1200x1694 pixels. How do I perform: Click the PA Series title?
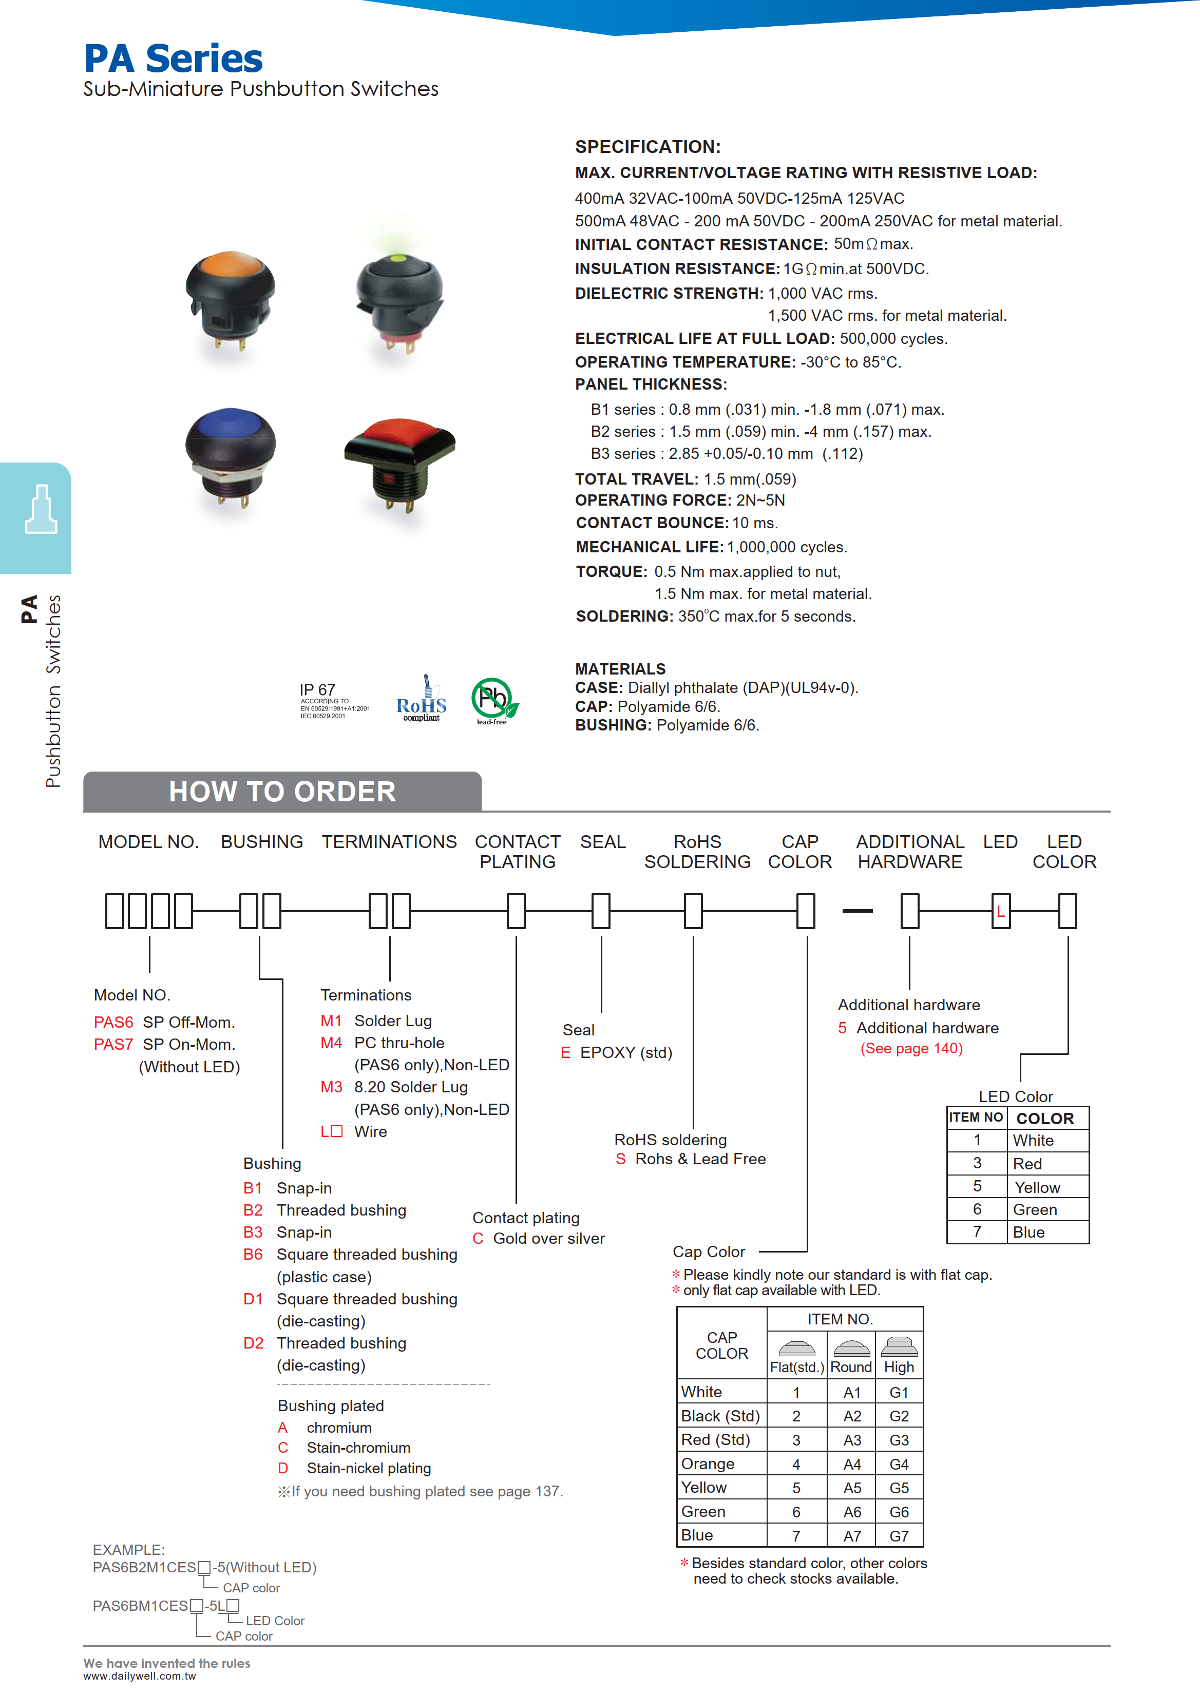click(x=173, y=59)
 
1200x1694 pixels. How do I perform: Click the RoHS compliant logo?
click(x=421, y=700)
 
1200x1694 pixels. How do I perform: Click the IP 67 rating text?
click(x=318, y=689)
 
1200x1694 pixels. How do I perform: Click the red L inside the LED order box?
click(x=1000, y=912)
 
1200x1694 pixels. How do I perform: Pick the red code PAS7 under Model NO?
click(x=113, y=1045)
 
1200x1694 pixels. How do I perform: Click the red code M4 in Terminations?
click(x=331, y=1043)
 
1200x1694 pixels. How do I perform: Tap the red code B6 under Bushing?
click(x=253, y=1255)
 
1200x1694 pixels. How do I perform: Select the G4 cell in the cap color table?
click(x=899, y=1464)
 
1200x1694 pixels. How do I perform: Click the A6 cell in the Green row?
click(x=852, y=1512)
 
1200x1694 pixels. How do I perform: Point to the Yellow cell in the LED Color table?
click(x=1037, y=1188)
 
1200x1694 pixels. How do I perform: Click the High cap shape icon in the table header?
click(x=899, y=1347)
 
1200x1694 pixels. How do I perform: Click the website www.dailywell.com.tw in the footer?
click(x=140, y=1676)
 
